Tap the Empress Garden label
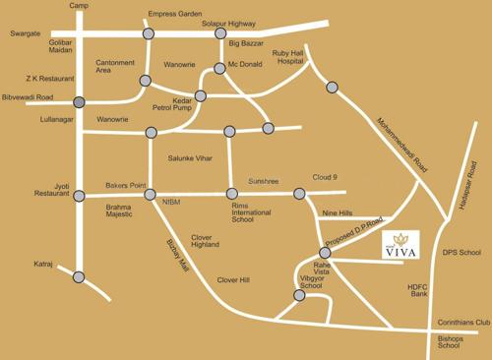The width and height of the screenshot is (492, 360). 173,15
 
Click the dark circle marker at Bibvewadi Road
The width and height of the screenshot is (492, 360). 79,101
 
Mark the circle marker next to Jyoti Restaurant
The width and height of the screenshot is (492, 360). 79,195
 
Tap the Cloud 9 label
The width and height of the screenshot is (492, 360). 325,177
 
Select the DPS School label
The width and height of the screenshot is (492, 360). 461,251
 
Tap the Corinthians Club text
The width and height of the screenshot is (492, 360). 462,323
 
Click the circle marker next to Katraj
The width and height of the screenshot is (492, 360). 79,276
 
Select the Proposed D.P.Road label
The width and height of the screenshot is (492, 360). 351,234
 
